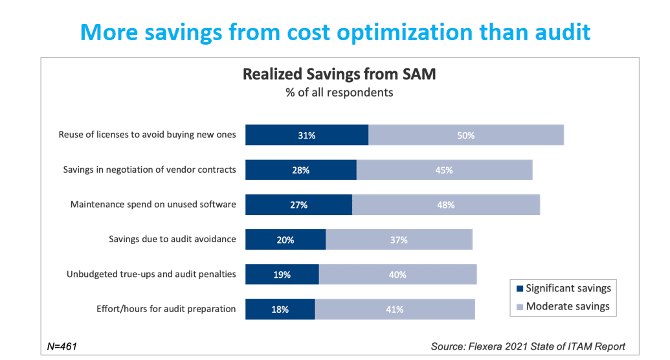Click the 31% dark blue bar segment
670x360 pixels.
[306, 135]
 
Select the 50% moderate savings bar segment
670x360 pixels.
[466, 135]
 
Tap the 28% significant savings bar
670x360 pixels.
[300, 170]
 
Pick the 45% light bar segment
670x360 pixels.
[444, 170]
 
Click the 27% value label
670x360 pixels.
[298, 205]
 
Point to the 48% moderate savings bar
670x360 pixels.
[446, 205]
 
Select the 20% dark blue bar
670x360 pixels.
[285, 240]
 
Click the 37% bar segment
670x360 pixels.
[399, 240]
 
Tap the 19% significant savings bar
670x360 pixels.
[282, 275]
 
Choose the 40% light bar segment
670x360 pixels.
[397, 275]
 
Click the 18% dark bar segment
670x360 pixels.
[280, 309]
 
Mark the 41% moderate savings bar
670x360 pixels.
[395, 309]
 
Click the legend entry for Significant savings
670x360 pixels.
[562, 288]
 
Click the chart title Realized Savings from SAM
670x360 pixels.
[339, 74]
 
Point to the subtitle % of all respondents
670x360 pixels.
[339, 93]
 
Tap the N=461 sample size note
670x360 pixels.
[62, 346]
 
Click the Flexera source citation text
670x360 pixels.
[528, 346]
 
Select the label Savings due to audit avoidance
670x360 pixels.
[172, 240]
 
